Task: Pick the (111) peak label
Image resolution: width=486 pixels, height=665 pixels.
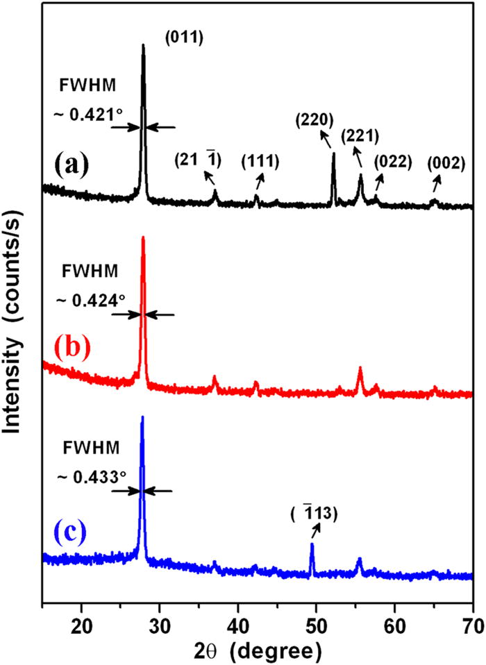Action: [x=260, y=162]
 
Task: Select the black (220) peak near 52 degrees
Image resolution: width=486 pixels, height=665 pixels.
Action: [x=334, y=156]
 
